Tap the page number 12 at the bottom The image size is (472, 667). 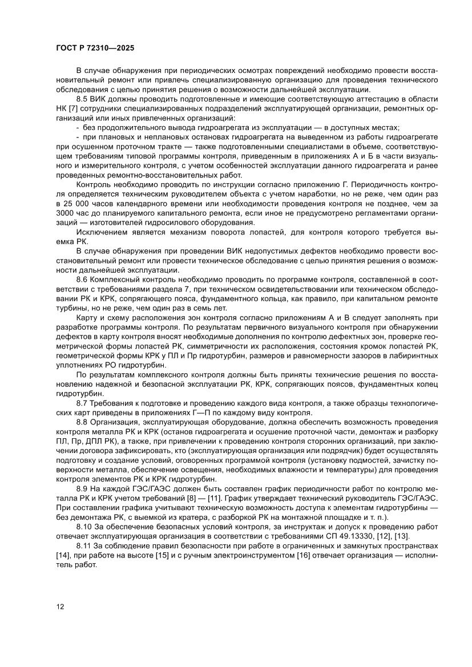(x=60, y=606)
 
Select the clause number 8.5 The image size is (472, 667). (x=83, y=100)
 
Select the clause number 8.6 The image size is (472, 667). (x=83, y=280)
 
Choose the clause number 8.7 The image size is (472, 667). (x=83, y=402)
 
